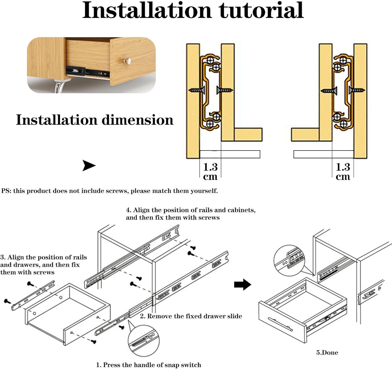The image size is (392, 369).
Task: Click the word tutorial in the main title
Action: pos(261,10)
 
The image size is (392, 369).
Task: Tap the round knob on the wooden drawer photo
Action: pos(126,61)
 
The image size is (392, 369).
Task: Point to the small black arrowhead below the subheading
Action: pos(89,165)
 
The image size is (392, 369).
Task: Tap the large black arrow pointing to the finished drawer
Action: pos(243,285)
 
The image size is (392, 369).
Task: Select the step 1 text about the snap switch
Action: pos(149,365)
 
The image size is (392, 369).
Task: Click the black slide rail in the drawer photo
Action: pos(88,72)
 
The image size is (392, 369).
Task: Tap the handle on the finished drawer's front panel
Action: pos(280,324)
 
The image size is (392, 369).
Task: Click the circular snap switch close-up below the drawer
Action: pos(143,341)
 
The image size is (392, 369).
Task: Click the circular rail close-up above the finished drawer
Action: pos(289,261)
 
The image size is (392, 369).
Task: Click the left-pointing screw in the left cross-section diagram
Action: pos(197,90)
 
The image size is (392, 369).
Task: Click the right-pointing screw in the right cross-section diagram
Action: pos(357,90)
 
